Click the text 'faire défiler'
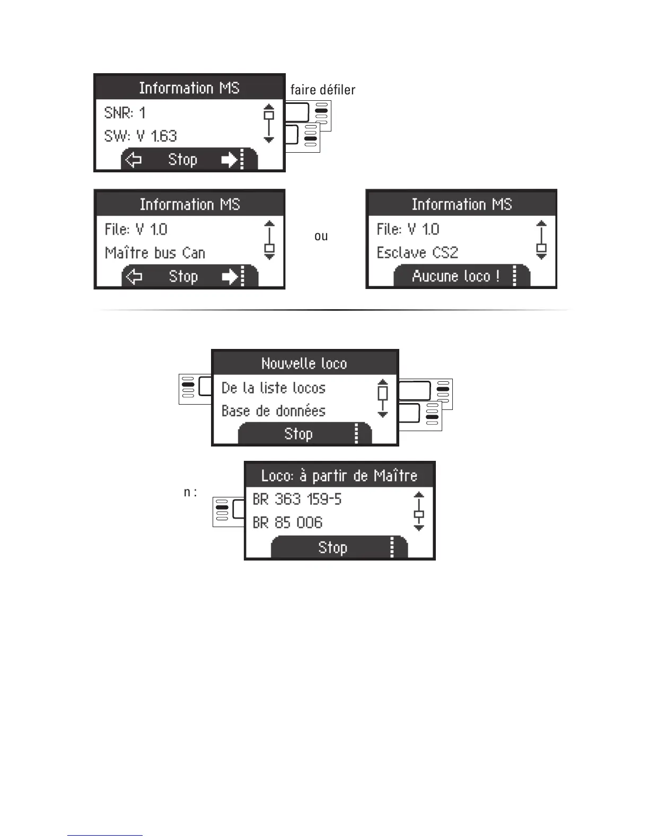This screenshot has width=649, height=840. click(322, 90)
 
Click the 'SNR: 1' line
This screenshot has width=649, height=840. click(125, 113)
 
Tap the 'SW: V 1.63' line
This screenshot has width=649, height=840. click(141, 136)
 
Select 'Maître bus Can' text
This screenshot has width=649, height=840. click(155, 253)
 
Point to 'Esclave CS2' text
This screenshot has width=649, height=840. click(417, 252)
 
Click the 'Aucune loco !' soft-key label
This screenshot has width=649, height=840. click(455, 276)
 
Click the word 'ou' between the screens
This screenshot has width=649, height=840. click(321, 237)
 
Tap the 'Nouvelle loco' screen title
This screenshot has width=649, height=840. click(304, 363)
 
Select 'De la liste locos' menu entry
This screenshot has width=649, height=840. click(273, 388)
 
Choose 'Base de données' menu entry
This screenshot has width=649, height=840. click(273, 411)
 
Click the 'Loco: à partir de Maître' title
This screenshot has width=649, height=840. click(339, 475)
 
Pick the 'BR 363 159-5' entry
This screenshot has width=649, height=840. click(297, 499)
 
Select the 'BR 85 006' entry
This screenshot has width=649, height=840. click(287, 523)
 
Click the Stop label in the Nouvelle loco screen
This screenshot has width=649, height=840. click(299, 434)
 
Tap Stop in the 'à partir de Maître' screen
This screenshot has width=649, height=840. click(332, 547)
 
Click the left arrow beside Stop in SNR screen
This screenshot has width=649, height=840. click(133, 160)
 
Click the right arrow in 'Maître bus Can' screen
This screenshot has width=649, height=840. click(230, 276)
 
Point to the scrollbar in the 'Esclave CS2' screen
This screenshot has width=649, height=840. click(541, 240)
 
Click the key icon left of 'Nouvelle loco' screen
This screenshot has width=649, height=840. click(195, 388)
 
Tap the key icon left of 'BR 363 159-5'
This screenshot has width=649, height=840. click(229, 512)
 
